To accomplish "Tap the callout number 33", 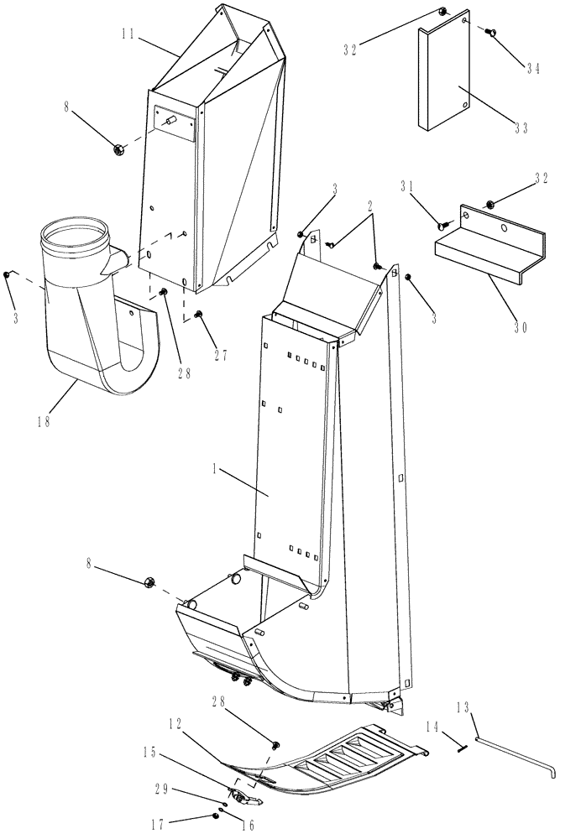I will pos(521,128).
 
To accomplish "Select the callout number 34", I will pos(533,70).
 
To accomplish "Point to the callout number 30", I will pos(521,327).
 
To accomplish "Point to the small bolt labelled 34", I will pos(489,31).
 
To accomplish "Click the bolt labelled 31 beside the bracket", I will pos(442,225).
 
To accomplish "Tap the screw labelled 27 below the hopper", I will pos(200,315).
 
